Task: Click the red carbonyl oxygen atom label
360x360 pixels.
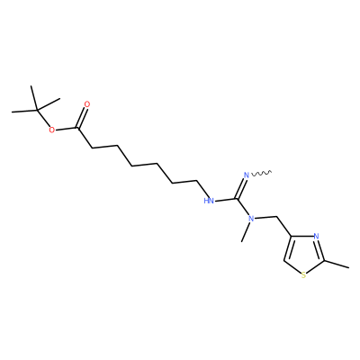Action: click(x=87, y=104)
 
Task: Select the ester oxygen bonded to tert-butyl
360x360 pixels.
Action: click(x=52, y=130)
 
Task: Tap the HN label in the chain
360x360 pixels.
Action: click(x=209, y=201)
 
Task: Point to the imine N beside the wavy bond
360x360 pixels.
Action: click(x=247, y=175)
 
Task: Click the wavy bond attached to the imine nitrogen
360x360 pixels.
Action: click(x=261, y=173)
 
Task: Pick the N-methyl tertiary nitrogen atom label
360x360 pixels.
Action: click(x=251, y=219)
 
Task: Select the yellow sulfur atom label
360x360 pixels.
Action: click(x=303, y=274)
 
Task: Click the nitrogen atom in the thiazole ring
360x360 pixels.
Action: click(x=316, y=236)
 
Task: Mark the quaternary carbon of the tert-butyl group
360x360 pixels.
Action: click(x=37, y=111)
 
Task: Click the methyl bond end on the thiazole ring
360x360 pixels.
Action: click(x=349, y=267)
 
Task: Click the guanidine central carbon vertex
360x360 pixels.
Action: click(x=237, y=199)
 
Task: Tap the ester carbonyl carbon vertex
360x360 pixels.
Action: click(x=78, y=129)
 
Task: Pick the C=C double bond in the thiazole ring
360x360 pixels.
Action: click(x=287, y=248)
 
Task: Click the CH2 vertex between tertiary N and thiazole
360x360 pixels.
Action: click(x=276, y=217)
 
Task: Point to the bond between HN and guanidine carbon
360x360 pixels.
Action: click(x=225, y=200)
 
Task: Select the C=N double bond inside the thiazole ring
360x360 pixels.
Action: click(x=319, y=249)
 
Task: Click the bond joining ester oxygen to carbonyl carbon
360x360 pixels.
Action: click(x=67, y=130)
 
